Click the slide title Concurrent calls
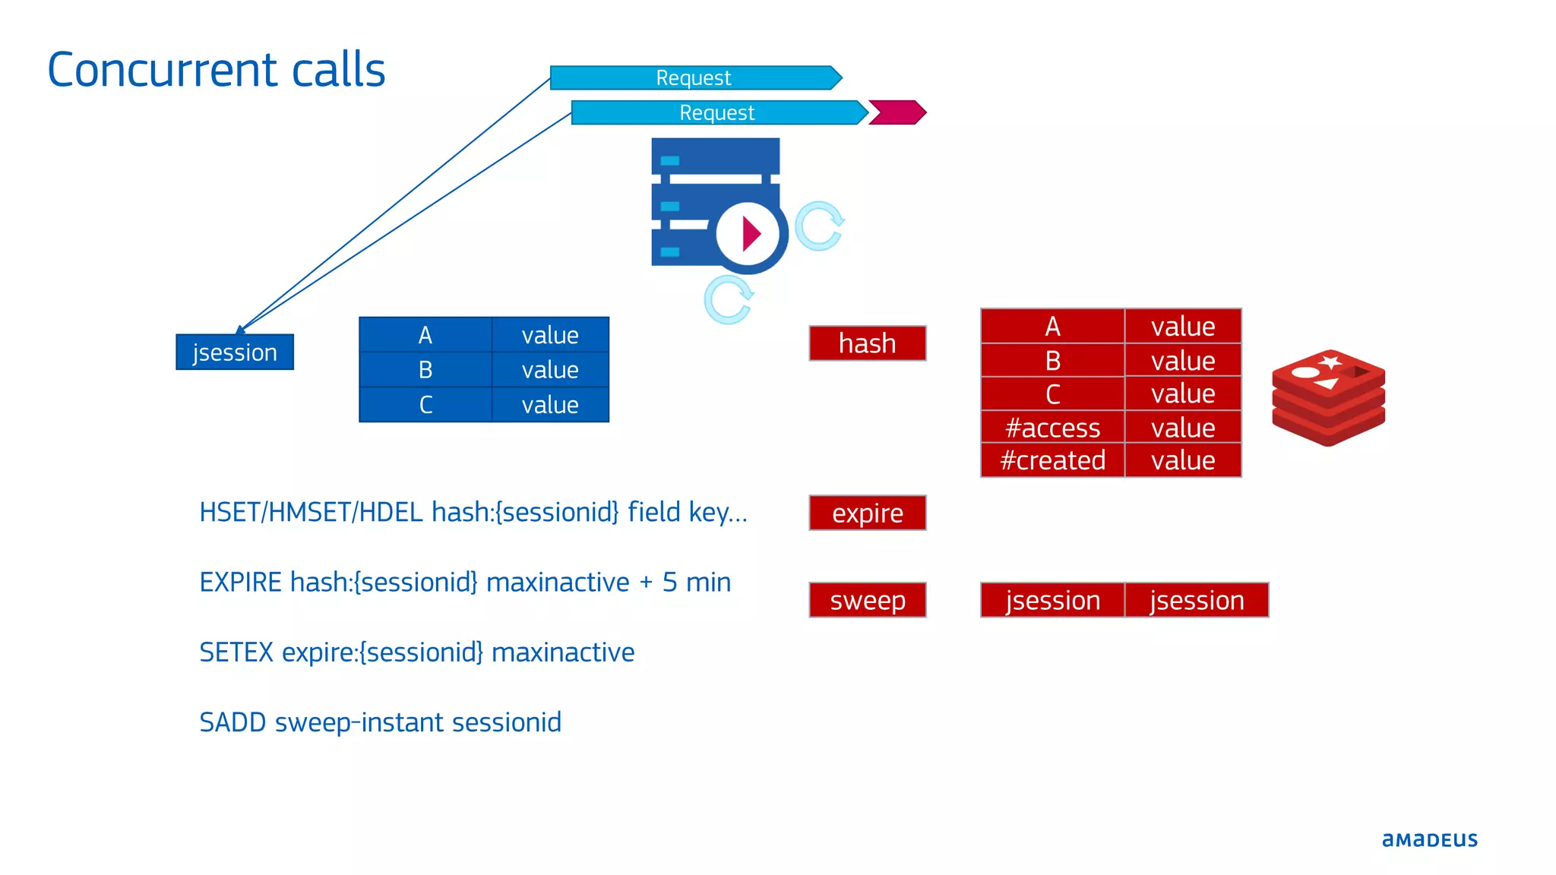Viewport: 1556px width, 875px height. pos(217,70)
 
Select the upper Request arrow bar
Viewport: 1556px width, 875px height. pos(694,77)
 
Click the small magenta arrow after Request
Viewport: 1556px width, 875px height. pos(897,112)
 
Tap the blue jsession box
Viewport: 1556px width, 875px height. pos(235,352)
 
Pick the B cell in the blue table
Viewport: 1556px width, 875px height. pos(425,370)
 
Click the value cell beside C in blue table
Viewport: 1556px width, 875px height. pos(550,405)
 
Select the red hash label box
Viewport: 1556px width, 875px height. pos(868,343)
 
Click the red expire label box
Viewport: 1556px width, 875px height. pos(868,513)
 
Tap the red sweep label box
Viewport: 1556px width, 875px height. pos(868,601)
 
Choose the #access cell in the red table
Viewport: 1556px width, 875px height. pos(1052,428)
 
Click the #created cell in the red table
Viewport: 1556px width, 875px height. pos(1052,460)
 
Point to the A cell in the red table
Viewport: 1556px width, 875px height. pos(1052,327)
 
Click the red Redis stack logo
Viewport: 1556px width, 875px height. pos(1328,397)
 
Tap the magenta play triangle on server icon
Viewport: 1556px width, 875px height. pos(751,234)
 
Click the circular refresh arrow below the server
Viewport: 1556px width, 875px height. pos(728,300)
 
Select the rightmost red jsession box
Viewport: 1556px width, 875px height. pos(1197,601)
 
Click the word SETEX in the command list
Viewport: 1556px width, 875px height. pos(236,652)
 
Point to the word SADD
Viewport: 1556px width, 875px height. pos(232,722)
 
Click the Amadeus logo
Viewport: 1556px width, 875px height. pos(1429,840)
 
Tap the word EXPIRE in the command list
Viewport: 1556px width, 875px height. pos(241,583)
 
